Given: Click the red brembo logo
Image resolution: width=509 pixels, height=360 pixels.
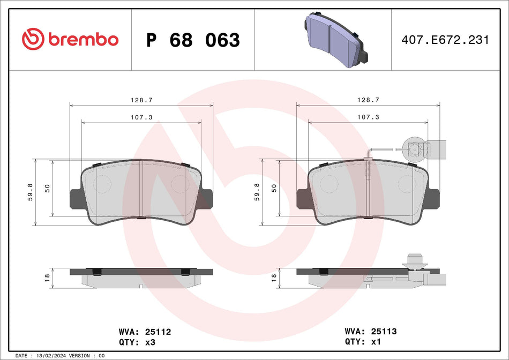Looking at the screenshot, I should pyautogui.click(x=70, y=40).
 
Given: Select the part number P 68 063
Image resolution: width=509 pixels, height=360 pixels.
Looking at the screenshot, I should pyautogui.click(x=193, y=40).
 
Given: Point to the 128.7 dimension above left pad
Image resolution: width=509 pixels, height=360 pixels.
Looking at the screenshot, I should pyautogui.click(x=141, y=100).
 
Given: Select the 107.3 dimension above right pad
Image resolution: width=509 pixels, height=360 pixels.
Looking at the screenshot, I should pyautogui.click(x=368, y=117).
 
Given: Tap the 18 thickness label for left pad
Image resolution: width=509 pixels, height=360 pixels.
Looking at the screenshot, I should pyautogui.click(x=47, y=277).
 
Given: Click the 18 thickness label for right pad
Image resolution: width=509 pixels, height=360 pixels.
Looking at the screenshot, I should pyautogui.click(x=274, y=277).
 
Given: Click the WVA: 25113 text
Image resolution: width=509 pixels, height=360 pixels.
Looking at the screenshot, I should pyautogui.click(x=370, y=332).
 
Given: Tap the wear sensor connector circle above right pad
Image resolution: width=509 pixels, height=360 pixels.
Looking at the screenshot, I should pyautogui.click(x=414, y=148).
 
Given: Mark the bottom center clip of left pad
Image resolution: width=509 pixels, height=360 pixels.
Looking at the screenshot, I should pyautogui.click(x=141, y=217).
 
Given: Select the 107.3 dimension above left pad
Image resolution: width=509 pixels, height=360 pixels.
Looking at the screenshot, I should pyautogui.click(x=141, y=117).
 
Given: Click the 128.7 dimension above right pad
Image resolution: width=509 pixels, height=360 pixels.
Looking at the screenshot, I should pyautogui.click(x=368, y=100).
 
